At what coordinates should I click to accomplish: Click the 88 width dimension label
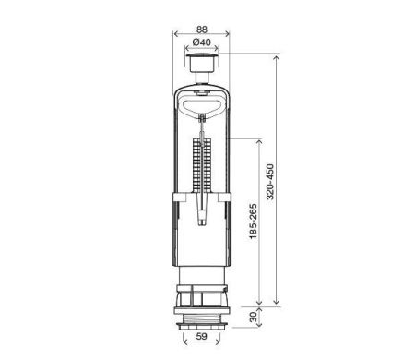click(202, 30)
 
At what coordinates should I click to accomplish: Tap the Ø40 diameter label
click(202, 42)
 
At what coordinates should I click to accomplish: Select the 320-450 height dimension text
click(270, 182)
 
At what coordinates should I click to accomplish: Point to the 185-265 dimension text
click(253, 222)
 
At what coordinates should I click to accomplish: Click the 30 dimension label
click(253, 317)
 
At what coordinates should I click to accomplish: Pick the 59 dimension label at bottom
click(202, 336)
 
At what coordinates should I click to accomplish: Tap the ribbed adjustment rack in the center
click(202, 166)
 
